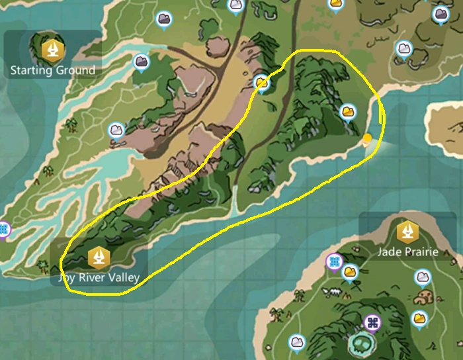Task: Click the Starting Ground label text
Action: [53, 69]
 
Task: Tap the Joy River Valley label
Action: [98, 277]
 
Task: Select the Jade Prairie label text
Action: [408, 252]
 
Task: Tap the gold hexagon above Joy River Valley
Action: [98, 255]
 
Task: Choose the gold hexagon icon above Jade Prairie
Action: [407, 232]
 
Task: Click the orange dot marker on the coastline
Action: [368, 138]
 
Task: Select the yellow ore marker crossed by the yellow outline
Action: [262, 83]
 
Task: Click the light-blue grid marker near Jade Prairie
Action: [335, 262]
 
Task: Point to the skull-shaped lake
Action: [362, 344]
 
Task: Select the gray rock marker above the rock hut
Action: [422, 277]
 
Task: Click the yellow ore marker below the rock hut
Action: [419, 319]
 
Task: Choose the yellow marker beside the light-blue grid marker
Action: [350, 271]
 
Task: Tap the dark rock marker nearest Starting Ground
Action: [141, 62]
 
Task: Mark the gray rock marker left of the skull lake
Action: [297, 342]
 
